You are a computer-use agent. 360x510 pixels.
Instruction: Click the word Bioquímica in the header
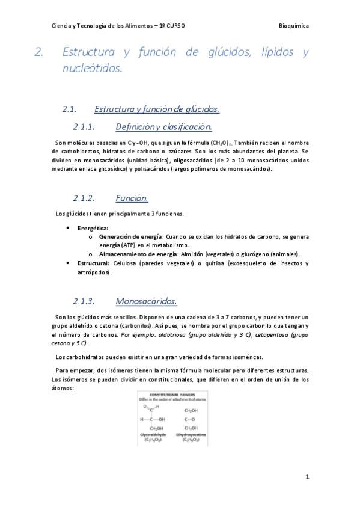click(294, 26)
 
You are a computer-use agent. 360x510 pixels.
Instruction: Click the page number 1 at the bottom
click(307, 476)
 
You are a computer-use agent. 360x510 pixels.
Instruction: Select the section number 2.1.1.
click(85, 127)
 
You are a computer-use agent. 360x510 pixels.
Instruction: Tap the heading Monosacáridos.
click(146, 301)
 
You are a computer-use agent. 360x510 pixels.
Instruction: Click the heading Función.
click(131, 198)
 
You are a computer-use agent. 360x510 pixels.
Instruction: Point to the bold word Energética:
click(93, 229)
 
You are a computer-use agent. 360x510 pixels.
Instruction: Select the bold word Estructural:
click(94, 263)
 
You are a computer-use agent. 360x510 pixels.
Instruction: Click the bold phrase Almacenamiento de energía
click(135, 254)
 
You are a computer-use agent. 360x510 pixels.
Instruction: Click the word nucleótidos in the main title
click(92, 69)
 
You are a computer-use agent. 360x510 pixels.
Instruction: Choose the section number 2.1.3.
click(85, 301)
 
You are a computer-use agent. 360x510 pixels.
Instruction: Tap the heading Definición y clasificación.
click(163, 127)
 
